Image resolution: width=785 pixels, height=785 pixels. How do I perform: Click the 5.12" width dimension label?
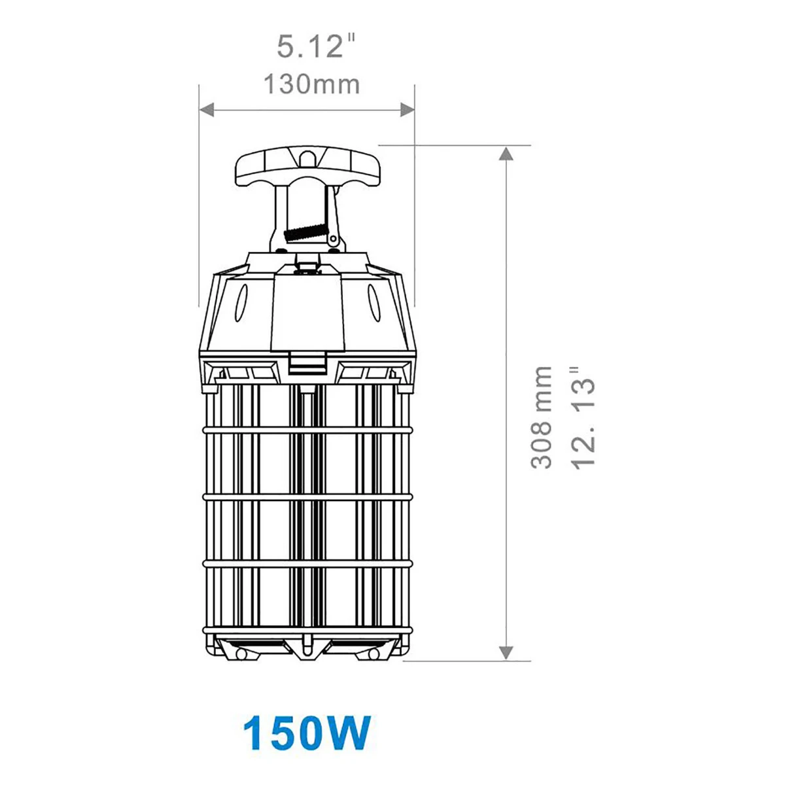tap(316, 46)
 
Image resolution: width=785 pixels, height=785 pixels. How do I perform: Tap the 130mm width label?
tap(312, 84)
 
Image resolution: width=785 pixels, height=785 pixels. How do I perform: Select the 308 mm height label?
tap(542, 417)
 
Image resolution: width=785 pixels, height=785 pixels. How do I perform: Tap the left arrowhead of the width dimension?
tap(206, 110)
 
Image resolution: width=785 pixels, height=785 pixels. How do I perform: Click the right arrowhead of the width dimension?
tap(408, 110)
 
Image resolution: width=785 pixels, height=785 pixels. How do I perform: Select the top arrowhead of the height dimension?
tap(506, 153)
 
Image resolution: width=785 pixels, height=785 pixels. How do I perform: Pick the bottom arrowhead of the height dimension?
tap(506, 653)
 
